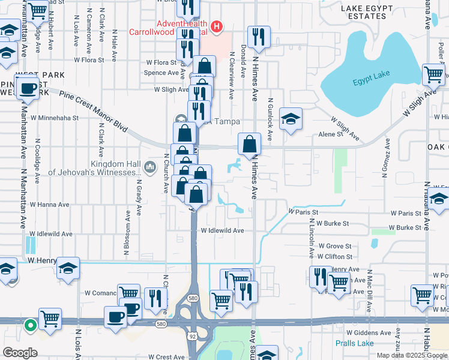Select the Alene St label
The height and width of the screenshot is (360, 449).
coord(330,134)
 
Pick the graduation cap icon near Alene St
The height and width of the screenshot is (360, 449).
coord(291,119)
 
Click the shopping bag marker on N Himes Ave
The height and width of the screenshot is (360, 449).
coord(249,145)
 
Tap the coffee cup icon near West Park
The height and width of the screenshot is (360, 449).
coord(27,89)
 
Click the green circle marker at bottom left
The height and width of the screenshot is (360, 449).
coord(31,326)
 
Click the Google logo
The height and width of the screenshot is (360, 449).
coord(20,353)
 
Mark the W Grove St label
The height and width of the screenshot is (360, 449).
coord(335,246)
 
